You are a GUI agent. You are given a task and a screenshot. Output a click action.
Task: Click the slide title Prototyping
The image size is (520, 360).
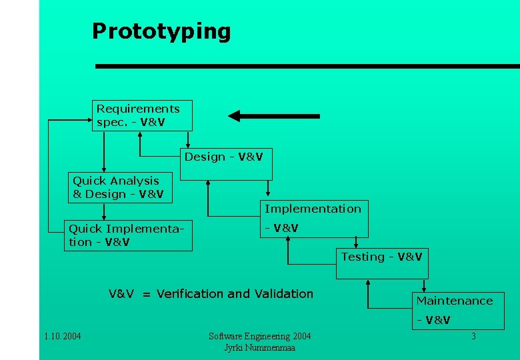pyautogui.click(x=161, y=31)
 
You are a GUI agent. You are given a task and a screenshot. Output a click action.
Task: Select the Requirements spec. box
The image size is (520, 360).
pyautogui.click(x=141, y=115)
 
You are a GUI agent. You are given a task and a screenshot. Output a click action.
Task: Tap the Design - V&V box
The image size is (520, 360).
pyautogui.click(x=226, y=164)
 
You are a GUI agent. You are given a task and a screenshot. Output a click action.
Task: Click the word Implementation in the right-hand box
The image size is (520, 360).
pyautogui.click(x=313, y=209)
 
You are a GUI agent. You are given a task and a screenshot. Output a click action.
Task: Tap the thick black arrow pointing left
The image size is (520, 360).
pyautogui.click(x=273, y=116)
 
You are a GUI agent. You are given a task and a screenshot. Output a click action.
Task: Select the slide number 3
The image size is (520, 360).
pyautogui.click(x=473, y=337)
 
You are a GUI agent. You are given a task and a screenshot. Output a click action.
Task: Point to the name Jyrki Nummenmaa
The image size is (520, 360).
pyautogui.click(x=259, y=348)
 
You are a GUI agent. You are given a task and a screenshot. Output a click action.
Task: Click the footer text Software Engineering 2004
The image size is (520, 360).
pyautogui.click(x=259, y=336)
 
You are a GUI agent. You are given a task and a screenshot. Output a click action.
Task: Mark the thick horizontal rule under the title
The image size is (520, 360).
pyautogui.click(x=307, y=66)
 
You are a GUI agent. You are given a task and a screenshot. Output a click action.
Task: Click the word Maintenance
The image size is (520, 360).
pyautogui.click(x=455, y=301)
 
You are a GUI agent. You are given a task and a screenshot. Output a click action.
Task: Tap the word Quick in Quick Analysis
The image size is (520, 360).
pyautogui.click(x=87, y=181)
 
